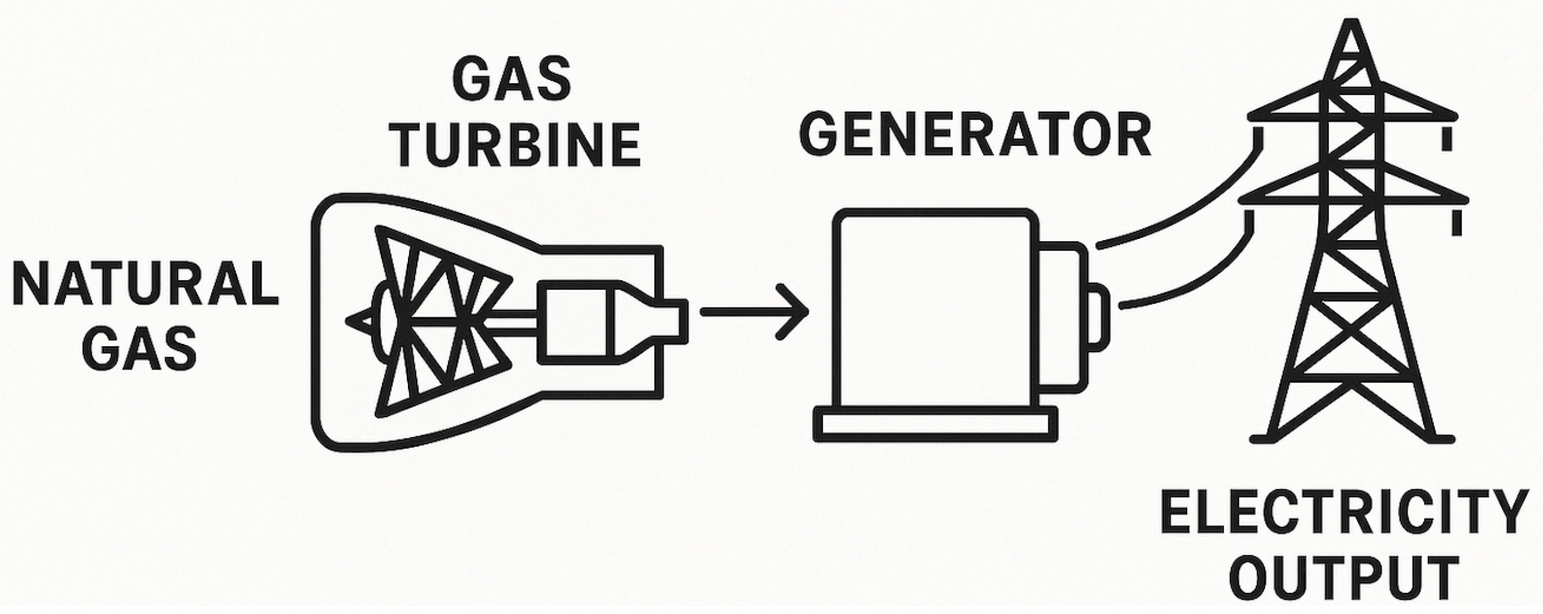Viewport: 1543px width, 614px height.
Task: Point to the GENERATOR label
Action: click(x=974, y=137)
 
